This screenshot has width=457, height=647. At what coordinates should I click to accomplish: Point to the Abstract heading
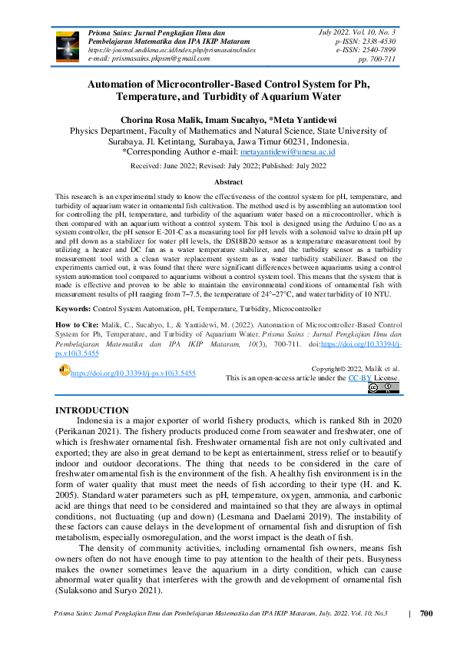coord(228,181)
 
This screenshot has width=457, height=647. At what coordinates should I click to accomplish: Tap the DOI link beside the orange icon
coord(133,373)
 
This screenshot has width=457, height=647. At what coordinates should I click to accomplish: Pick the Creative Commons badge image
coord(384,389)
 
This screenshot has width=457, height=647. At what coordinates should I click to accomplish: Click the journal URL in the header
coord(173,50)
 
